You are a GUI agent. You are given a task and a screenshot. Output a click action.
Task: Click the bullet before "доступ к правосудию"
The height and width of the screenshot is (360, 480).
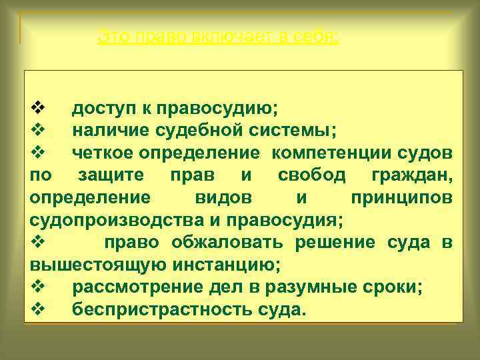click(x=37, y=106)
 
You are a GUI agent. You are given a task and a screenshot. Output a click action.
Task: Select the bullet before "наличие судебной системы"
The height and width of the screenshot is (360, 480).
click(x=37, y=129)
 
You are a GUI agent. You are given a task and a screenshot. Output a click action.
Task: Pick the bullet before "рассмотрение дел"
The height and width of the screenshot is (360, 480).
click(x=37, y=288)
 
